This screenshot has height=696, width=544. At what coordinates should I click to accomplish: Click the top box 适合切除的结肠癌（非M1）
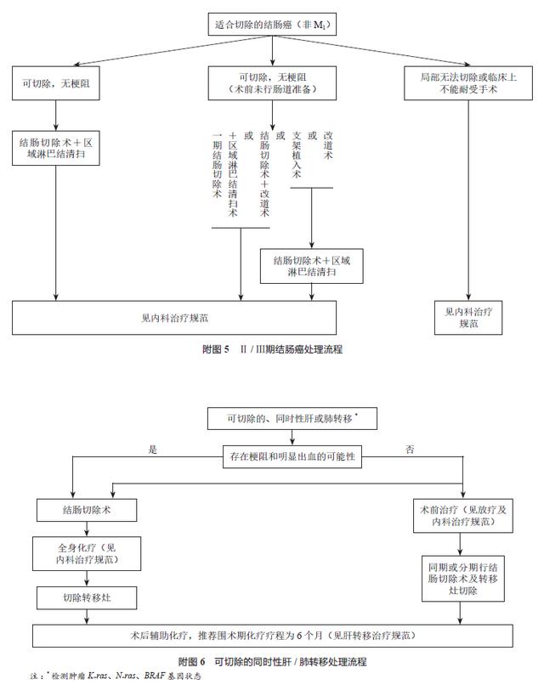tap(272, 25)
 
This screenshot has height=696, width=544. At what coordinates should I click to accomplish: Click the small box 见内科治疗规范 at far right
tap(469, 316)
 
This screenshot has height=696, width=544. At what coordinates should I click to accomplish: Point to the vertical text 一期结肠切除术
tap(218, 166)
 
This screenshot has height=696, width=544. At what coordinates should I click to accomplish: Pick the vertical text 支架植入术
tap(297, 154)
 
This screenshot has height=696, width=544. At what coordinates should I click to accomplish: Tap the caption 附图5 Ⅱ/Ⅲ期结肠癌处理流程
tap(271, 349)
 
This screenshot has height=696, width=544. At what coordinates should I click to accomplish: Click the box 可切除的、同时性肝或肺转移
tap(292, 418)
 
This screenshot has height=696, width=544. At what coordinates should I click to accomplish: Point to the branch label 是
tap(154, 450)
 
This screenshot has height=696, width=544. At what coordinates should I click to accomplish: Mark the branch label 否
tap(411, 450)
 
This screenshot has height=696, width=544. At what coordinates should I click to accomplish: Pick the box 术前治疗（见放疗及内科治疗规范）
tap(462, 515)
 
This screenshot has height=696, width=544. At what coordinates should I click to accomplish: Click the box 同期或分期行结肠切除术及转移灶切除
tap(462, 576)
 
